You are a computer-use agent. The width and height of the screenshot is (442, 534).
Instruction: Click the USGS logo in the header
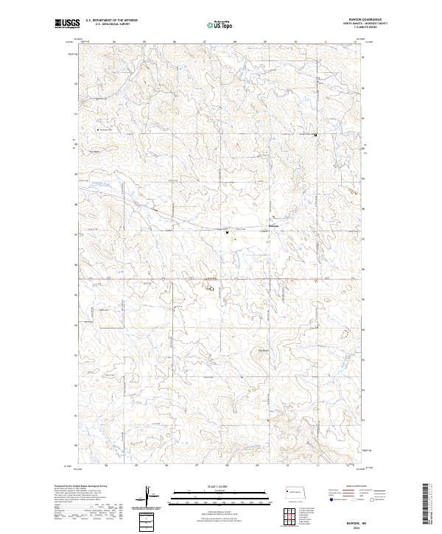pyautogui.click(x=67, y=24)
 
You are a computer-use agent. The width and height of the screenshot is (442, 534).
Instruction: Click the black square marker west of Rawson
pyautogui.click(x=227, y=233)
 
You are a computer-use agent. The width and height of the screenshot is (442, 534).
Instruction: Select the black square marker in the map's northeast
pyautogui.click(x=317, y=136)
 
